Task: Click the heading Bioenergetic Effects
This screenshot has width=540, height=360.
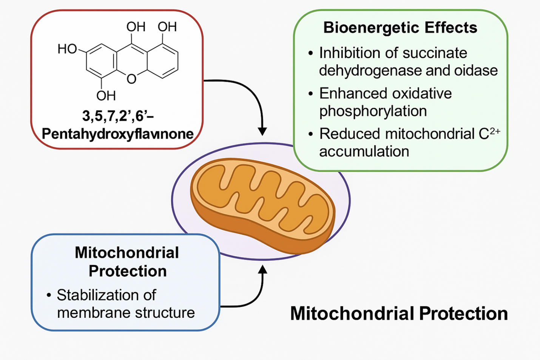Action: (400, 28)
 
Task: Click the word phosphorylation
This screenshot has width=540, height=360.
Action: (373, 111)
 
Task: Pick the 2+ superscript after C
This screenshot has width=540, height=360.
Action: (495, 131)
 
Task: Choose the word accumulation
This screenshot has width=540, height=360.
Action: (364, 151)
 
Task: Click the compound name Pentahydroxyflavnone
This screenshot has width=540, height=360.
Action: (117, 134)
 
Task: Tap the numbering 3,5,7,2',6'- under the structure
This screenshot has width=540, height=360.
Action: (117, 116)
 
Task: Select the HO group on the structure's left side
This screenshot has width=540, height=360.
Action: (67, 49)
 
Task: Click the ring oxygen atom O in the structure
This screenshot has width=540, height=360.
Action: (131, 79)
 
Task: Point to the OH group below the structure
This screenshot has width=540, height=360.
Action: (106, 96)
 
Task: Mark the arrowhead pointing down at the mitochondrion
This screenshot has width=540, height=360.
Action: (262, 131)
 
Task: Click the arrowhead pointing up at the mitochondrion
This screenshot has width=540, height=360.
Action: (262, 270)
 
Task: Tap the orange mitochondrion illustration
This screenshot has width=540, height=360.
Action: (262, 204)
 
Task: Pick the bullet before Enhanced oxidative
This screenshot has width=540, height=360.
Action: (310, 94)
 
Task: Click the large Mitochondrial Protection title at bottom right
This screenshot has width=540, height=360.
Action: (399, 314)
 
